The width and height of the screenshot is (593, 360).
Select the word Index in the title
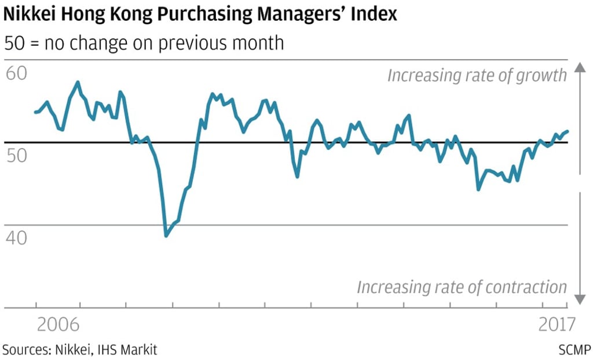[377, 14]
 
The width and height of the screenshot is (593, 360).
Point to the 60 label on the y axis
[17, 74]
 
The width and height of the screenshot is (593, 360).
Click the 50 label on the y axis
[17, 156]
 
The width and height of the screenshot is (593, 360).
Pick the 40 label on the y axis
[17, 238]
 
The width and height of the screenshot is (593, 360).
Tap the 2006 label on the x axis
[58, 325]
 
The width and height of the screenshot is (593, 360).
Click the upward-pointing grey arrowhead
[580, 68]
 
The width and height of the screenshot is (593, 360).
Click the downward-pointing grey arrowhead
[580, 299]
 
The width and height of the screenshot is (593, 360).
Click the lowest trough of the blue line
[166, 236]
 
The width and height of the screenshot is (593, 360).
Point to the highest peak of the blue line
[78, 82]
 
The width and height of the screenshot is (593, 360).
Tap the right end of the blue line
[568, 131]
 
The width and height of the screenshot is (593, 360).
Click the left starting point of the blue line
[35, 112]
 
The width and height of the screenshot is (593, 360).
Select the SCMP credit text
[575, 350]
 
